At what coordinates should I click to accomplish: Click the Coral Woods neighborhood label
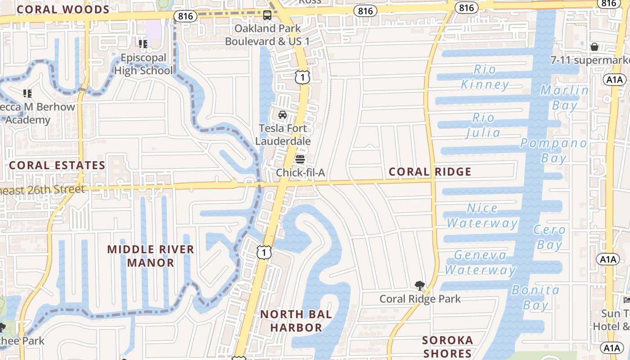63,9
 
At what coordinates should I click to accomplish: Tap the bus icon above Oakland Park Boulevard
267,16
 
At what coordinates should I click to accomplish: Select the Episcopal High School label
143,64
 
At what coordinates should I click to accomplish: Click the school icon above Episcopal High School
143,44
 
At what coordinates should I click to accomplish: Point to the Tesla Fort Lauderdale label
283,135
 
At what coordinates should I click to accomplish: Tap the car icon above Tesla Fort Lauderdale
283,115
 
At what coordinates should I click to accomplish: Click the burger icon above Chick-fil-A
300,159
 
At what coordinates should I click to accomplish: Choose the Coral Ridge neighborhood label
430,171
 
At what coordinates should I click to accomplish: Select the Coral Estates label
57,165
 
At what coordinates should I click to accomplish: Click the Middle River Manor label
150,256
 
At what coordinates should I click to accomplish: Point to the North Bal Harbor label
296,321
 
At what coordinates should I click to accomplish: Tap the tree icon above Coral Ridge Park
420,285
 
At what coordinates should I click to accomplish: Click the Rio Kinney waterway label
485,77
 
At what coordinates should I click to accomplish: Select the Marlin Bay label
564,98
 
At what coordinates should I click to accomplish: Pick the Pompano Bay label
553,151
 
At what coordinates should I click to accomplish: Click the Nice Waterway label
482,216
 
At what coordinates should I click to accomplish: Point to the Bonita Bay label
535,297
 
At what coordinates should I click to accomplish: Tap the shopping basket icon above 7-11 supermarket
594,47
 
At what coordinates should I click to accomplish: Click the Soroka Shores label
447,346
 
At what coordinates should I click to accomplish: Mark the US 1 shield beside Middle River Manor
264,252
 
